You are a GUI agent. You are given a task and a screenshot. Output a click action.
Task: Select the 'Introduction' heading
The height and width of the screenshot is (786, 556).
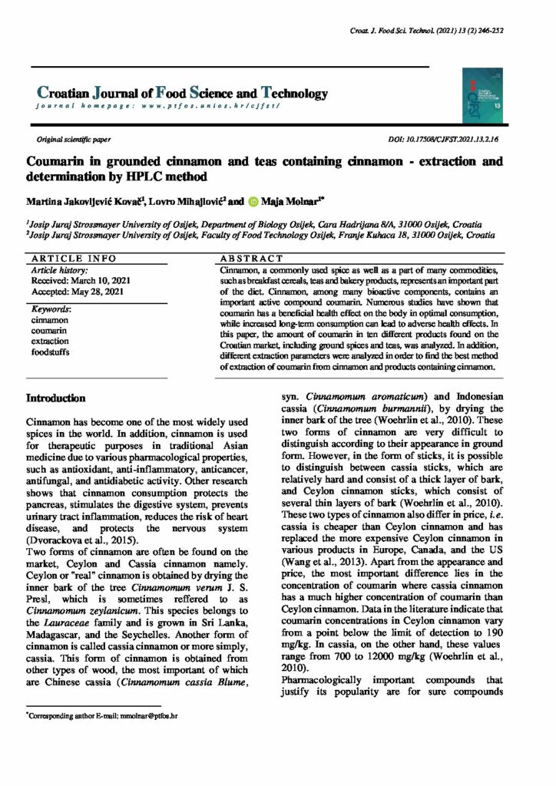click(56, 398)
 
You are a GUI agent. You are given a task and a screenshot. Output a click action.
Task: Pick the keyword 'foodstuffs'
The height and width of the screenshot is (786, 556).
click(51, 351)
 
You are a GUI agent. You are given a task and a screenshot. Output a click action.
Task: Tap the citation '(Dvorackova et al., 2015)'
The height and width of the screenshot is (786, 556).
click(84, 540)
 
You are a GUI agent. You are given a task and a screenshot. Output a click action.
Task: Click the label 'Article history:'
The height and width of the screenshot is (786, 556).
click(58, 270)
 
